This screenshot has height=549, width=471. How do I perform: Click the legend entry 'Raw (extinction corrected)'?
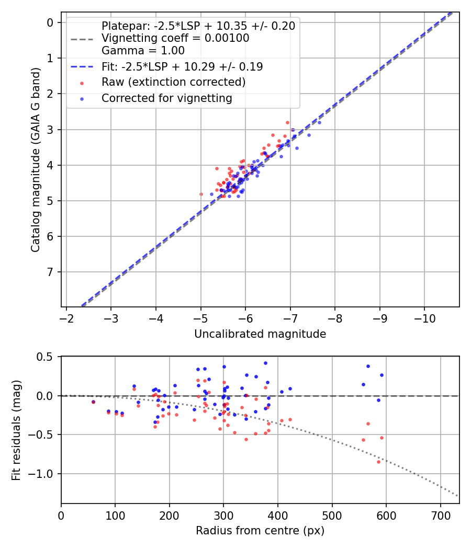[173, 82]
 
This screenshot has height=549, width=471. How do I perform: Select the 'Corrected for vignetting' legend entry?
[166, 98]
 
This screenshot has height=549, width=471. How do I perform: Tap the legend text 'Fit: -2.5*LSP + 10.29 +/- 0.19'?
[182, 66]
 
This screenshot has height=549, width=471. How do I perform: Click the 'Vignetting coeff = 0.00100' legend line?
[175, 38]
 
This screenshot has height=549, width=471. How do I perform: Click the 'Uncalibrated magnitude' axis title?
[260, 334]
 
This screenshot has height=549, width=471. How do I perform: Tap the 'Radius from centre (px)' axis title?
[260, 531]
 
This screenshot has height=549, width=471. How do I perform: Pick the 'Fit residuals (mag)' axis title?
[16, 430]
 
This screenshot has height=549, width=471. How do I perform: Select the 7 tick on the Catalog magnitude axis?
[50, 272]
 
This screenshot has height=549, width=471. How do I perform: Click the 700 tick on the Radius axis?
[440, 514]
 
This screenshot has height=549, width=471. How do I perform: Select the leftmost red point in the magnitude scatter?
[201, 194]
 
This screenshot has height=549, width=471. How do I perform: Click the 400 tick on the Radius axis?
[278, 514]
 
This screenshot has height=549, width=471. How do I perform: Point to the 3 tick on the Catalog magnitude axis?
[50, 129]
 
